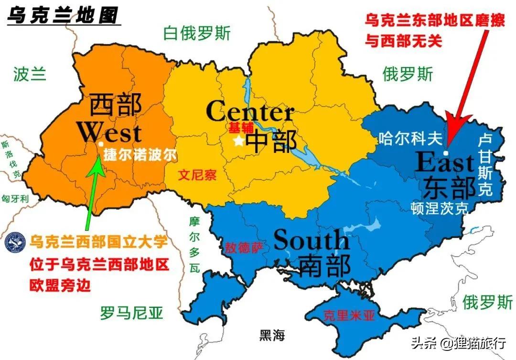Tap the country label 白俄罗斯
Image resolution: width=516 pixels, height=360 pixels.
(x=196, y=33)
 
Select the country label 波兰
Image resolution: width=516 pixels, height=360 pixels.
(x=30, y=74)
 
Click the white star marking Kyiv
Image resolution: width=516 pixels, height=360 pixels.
(x=238, y=141)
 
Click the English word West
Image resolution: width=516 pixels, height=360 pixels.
(x=109, y=132)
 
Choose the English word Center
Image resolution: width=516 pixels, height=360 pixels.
(x=249, y=112)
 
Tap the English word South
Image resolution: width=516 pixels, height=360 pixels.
(x=311, y=240)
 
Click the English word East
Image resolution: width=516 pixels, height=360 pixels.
(x=444, y=163)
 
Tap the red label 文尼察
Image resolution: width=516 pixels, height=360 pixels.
(x=197, y=175)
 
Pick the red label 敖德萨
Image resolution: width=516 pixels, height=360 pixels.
(x=244, y=248)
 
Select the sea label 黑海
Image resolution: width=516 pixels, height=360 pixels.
(x=272, y=335)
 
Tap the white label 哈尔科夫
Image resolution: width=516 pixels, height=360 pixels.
(x=410, y=138)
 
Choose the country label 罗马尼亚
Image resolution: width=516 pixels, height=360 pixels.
(x=132, y=313)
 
